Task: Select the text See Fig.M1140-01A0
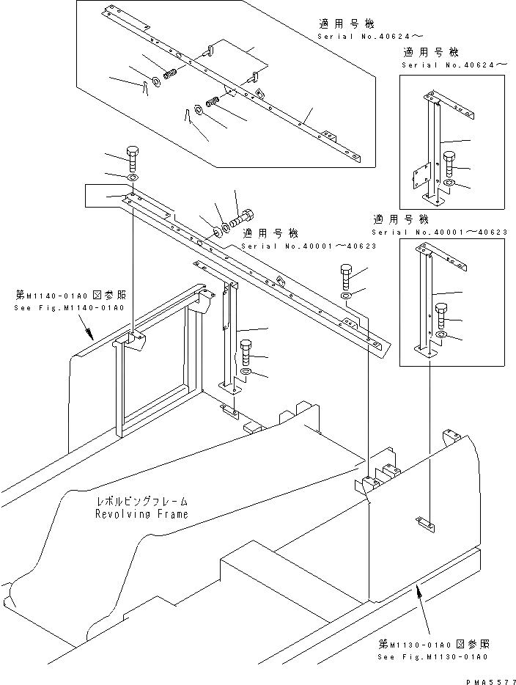(69, 307)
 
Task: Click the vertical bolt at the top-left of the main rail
(132, 158)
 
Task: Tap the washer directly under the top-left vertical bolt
(132, 178)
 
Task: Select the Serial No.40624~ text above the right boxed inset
(454, 65)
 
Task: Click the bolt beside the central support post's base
(243, 354)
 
